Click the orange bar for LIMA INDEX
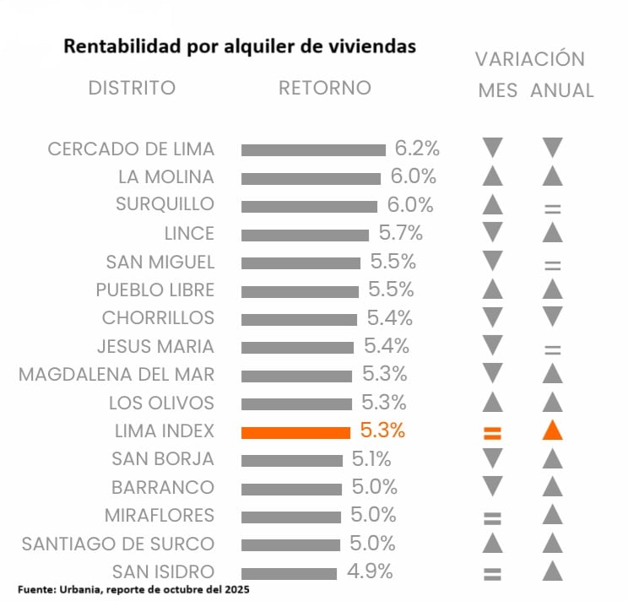pos(295,432)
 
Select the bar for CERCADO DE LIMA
pos(313,150)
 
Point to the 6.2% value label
pos(417,149)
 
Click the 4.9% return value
pos(370,571)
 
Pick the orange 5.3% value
pos(382,430)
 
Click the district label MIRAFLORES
pos(160,515)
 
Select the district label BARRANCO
pos(163,487)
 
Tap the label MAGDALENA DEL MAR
pos(116,374)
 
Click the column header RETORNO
pos(325,88)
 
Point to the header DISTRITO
pos(132,88)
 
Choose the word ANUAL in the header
pos(562,90)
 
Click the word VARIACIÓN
pos(530,59)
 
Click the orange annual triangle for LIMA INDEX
pos(553,430)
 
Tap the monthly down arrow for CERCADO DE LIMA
pos(493,149)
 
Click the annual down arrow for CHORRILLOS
pos(553,317)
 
